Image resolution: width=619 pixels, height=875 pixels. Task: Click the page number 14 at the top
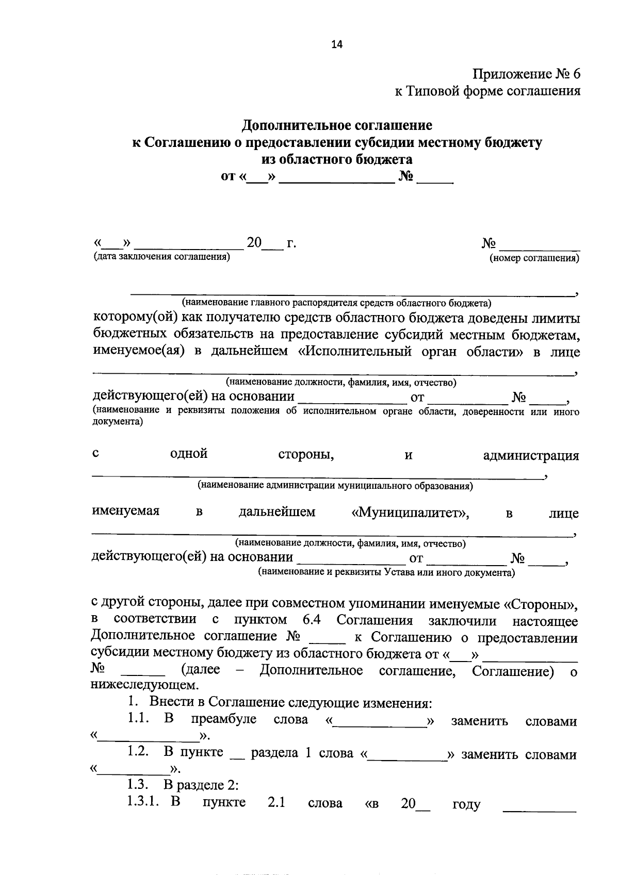[x=336, y=44]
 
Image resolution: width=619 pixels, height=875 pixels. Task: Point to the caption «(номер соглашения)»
[x=534, y=258]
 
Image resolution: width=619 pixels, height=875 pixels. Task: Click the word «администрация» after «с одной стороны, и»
[x=531, y=456]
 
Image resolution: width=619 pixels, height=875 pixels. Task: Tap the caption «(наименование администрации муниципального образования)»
[x=335, y=486]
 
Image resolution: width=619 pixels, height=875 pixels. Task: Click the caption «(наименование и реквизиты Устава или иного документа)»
[x=386, y=572]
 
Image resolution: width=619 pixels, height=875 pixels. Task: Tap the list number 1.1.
[x=138, y=719]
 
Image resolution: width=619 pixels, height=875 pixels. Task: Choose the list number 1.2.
[x=138, y=752]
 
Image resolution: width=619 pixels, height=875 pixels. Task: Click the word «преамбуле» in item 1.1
[x=223, y=720]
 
